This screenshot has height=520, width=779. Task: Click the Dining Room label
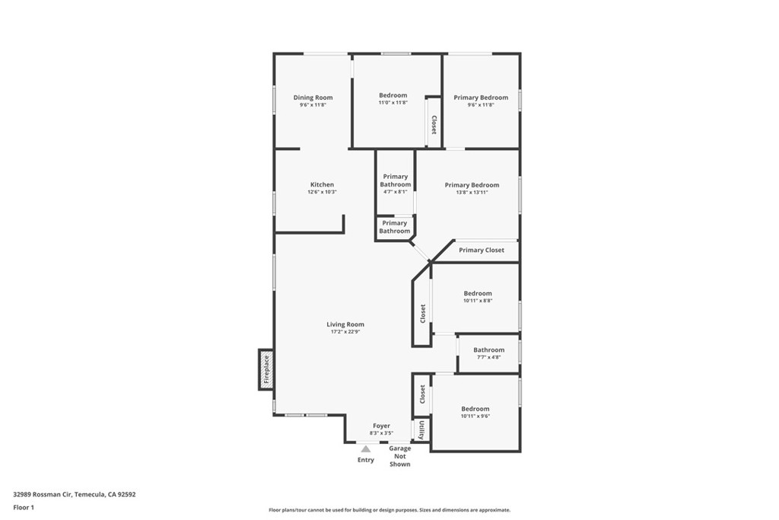click(313, 97)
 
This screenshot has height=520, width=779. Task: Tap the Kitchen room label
click(322, 185)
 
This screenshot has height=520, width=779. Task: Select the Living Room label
click(345, 324)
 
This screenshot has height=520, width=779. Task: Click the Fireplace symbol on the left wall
click(266, 369)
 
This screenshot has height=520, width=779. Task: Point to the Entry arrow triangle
click(365, 449)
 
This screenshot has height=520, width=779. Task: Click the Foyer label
click(381, 426)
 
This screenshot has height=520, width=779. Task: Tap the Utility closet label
click(421, 430)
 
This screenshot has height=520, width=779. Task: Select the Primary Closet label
click(481, 250)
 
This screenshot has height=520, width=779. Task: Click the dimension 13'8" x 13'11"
click(472, 193)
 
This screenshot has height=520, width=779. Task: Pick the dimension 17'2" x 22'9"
click(345, 331)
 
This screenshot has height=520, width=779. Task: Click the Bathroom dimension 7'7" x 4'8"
click(488, 357)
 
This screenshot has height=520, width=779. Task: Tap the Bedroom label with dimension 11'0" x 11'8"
click(393, 95)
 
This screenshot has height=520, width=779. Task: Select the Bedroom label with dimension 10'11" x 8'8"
click(478, 293)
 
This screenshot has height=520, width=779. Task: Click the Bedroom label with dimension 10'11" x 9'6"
click(475, 409)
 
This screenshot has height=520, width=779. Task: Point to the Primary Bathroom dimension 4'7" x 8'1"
click(395, 192)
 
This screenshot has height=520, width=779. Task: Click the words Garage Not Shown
click(399, 456)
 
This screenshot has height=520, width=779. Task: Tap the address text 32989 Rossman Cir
click(43, 494)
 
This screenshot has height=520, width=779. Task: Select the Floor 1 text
click(24, 507)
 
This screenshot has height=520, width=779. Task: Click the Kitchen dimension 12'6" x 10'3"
click(322, 192)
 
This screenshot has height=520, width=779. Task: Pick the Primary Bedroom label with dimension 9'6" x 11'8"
click(481, 97)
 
